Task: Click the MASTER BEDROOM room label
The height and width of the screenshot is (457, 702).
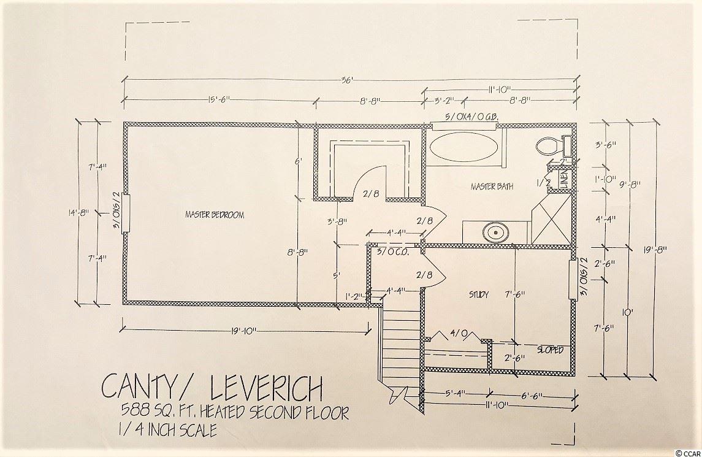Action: [x=215, y=215]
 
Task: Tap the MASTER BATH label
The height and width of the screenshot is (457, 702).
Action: [x=492, y=186]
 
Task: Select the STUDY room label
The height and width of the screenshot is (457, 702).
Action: [x=479, y=295]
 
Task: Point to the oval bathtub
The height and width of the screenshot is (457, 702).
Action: [x=464, y=148]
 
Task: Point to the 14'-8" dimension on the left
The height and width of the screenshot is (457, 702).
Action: [x=79, y=212]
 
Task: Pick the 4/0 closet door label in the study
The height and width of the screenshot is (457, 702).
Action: [x=459, y=334]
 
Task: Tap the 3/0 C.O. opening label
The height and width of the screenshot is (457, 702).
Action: [x=392, y=252]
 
